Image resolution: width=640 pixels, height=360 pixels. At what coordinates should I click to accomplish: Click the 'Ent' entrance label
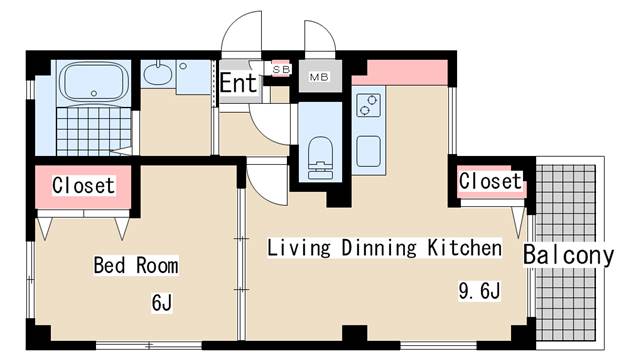238,84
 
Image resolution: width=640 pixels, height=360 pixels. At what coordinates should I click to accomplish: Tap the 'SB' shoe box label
281,69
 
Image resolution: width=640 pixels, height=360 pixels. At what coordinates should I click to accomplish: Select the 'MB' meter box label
319,76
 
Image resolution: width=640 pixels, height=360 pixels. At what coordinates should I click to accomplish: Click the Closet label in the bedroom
84,185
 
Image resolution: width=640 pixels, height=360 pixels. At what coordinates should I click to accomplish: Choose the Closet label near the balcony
490,181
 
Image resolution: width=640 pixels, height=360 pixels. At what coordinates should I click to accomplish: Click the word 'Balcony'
568,255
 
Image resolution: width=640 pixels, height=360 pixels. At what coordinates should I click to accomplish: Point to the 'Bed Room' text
136,265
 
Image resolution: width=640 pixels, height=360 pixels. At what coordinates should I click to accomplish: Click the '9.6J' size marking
479,291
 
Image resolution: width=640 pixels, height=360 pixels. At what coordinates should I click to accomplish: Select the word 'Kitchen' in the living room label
450,247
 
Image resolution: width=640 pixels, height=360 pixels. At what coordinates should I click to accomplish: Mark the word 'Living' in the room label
293,247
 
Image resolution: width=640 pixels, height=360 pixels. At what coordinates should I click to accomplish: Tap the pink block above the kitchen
399,72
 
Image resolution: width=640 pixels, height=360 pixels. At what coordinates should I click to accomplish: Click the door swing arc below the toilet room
266,180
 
